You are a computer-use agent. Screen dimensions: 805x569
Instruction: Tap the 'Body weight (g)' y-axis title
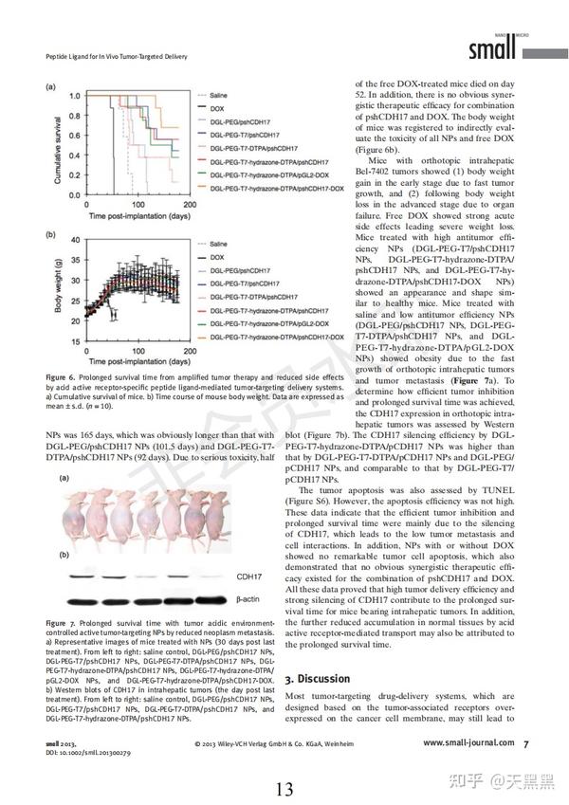click(x=59, y=289)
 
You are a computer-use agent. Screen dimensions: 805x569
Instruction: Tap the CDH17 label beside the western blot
click(x=248, y=576)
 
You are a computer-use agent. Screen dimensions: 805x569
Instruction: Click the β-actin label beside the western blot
click(x=248, y=599)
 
